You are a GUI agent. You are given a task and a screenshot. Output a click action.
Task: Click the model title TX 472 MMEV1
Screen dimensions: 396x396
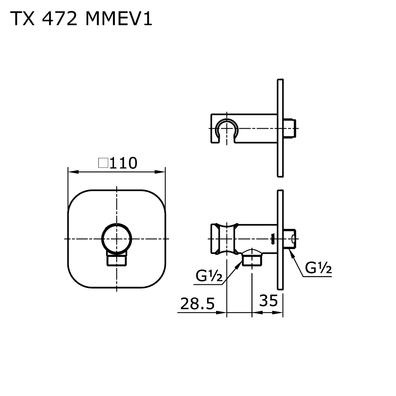click(x=81, y=19)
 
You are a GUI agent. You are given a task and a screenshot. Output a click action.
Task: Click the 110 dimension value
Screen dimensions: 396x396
click(x=123, y=163)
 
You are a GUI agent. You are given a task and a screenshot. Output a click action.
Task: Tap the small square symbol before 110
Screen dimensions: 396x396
click(x=103, y=163)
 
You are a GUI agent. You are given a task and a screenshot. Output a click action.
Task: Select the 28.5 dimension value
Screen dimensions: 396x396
click(x=197, y=304)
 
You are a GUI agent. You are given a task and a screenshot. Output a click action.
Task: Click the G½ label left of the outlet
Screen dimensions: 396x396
click(x=208, y=276)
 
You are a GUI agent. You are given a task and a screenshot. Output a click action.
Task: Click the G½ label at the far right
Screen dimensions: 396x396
click(x=318, y=269)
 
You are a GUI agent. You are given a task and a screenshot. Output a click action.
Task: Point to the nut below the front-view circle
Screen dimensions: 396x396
click(x=116, y=260)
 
